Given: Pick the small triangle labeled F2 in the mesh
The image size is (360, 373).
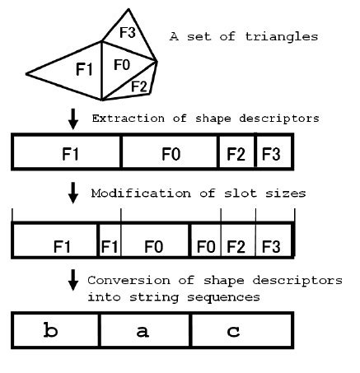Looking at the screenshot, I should pyautogui.click(x=138, y=86).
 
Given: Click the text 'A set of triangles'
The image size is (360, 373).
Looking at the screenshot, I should pyautogui.click(x=243, y=36).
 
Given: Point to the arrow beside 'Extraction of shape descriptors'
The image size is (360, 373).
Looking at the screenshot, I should pyautogui.click(x=73, y=119).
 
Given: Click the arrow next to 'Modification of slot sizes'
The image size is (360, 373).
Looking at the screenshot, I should pyautogui.click(x=73, y=195).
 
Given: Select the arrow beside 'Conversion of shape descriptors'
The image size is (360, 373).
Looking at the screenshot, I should pyautogui.click(x=73, y=284).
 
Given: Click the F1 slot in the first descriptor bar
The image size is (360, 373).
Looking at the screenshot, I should pyautogui.click(x=68, y=153).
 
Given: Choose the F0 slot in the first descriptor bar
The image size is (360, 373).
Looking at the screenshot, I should pyautogui.click(x=169, y=153).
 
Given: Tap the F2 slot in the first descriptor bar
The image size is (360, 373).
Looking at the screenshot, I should pyautogui.click(x=236, y=153).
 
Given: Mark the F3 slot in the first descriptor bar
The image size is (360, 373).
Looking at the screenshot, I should pyautogui.click(x=274, y=153).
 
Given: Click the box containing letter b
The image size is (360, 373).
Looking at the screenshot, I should pyautogui.click(x=56, y=332).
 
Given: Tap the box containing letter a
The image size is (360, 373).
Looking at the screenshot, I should pyautogui.click(x=145, y=332).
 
